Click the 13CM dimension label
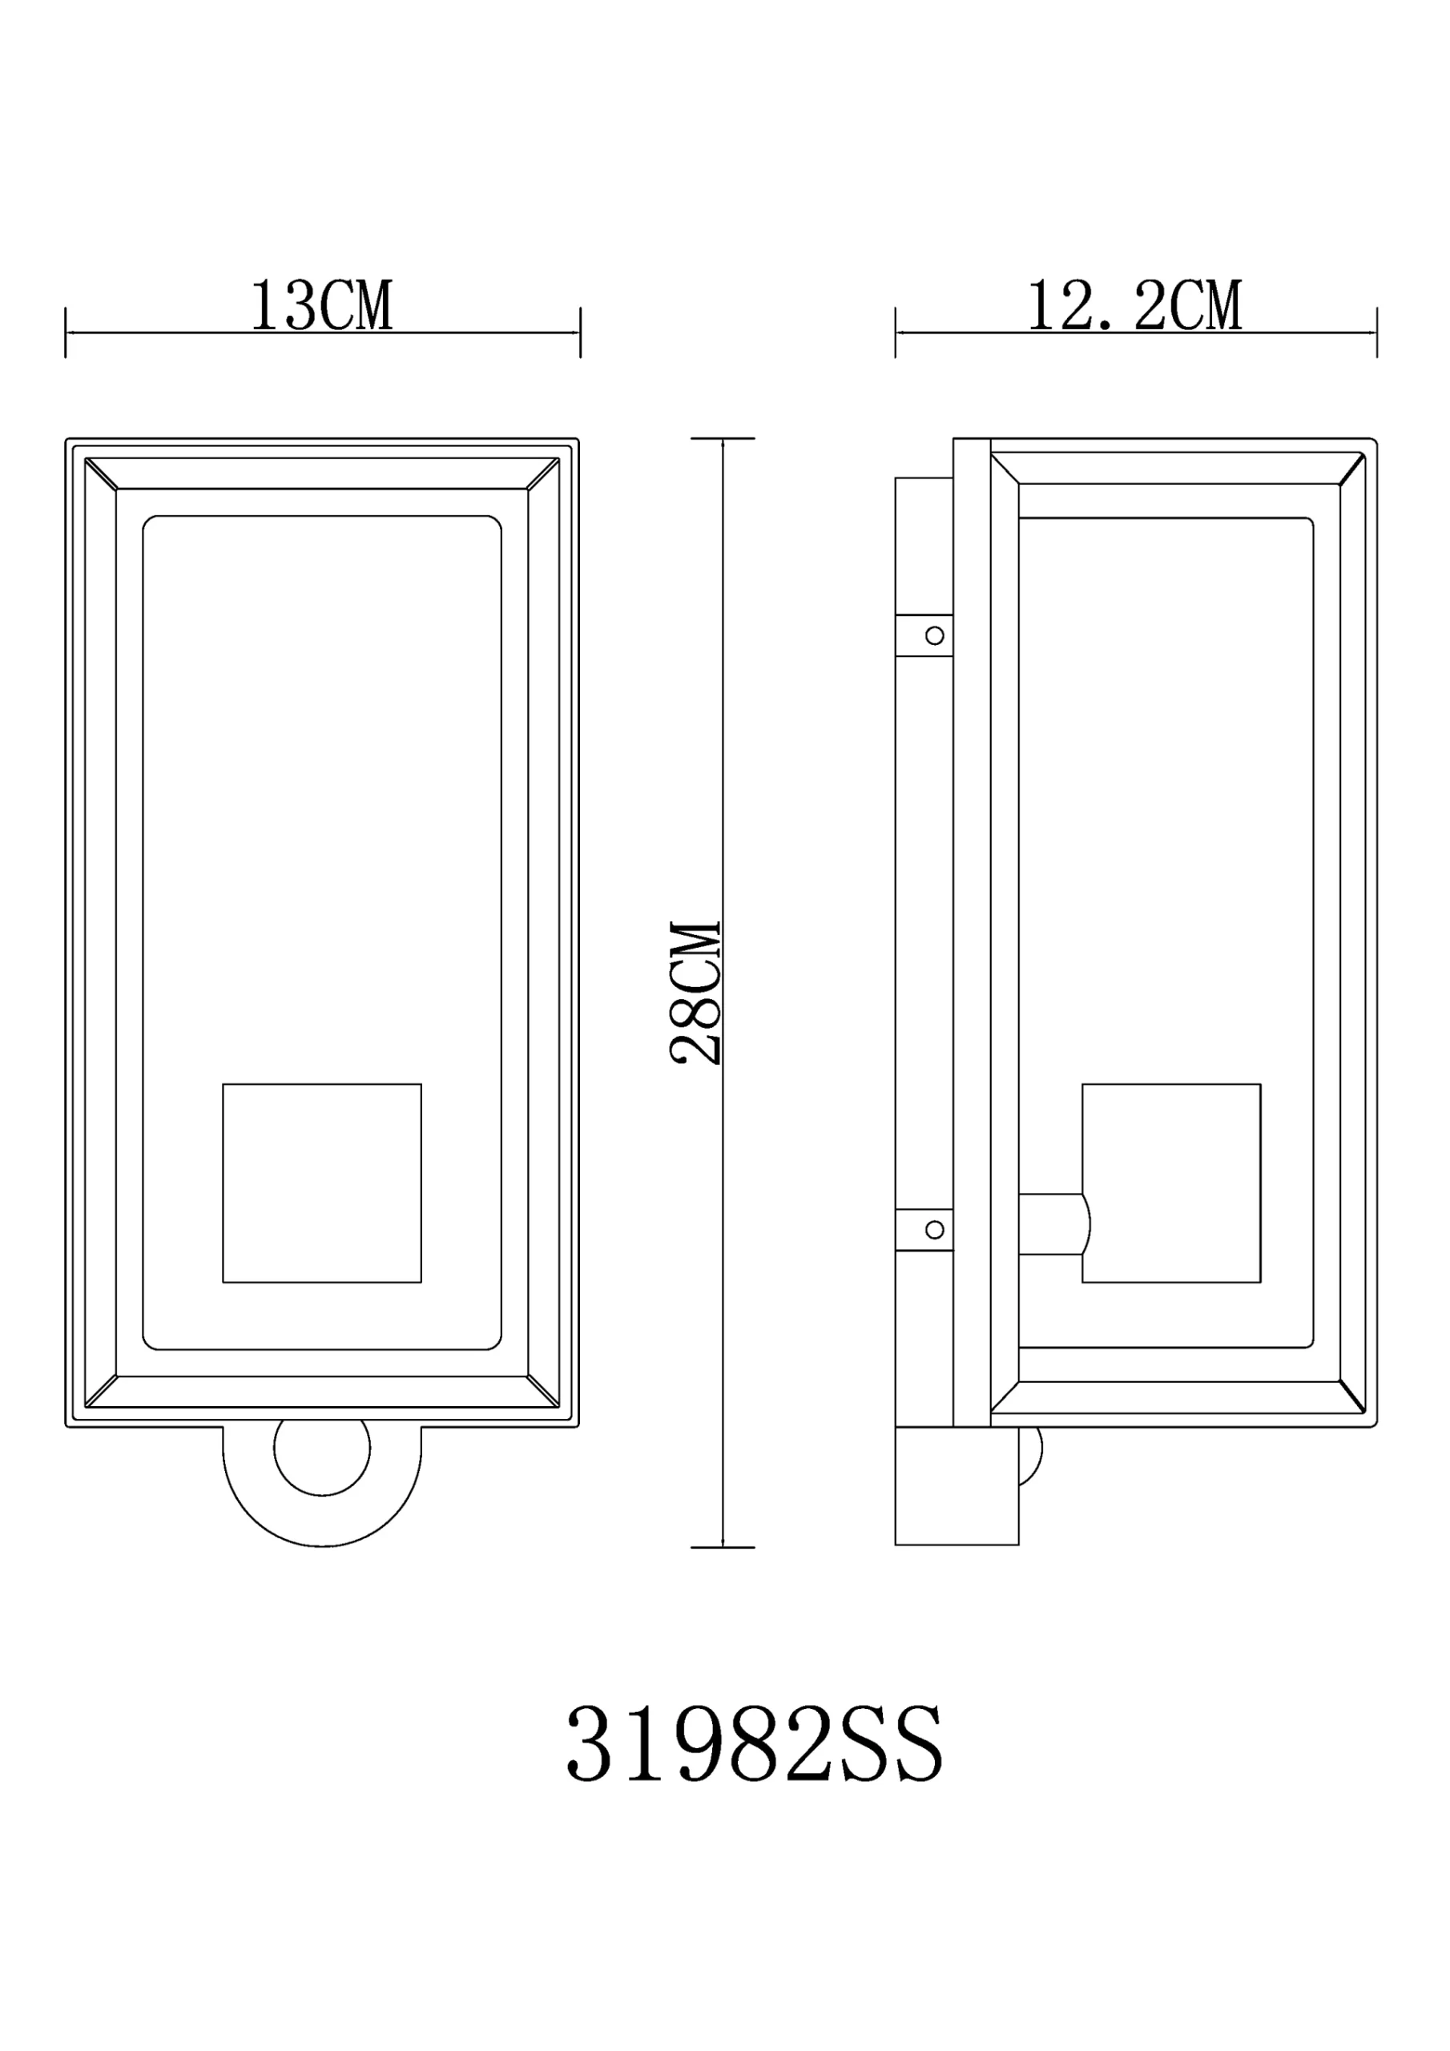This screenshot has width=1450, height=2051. [321, 306]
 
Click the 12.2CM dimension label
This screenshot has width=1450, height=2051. [1134, 306]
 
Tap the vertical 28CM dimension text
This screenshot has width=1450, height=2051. [696, 993]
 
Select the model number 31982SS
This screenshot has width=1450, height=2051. [755, 1745]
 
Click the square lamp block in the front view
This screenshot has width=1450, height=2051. [321, 1183]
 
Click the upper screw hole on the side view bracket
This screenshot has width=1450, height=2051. [935, 635]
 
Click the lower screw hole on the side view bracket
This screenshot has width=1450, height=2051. [935, 1230]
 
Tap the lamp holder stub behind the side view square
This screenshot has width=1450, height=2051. [1053, 1224]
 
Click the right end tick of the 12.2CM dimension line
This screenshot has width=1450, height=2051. [1377, 332]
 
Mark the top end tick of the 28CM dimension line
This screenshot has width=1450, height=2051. [723, 438]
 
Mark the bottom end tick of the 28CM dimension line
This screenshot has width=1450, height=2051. [723, 1547]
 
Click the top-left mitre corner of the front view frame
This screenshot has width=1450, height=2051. [101, 473]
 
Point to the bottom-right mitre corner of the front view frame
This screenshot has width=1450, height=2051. [543, 1391]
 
